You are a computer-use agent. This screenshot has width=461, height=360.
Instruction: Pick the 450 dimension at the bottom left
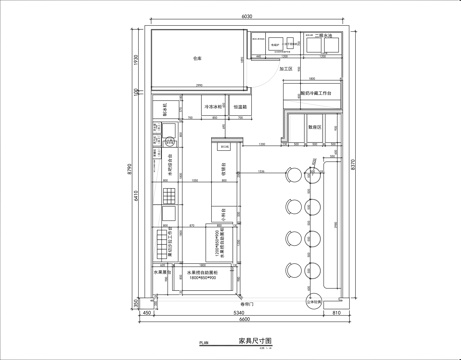[146, 312]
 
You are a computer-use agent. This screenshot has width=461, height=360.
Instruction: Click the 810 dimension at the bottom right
[336, 312]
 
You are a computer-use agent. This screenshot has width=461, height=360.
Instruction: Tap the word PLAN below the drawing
[202, 343]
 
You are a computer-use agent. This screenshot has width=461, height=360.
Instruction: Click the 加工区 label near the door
[288, 69]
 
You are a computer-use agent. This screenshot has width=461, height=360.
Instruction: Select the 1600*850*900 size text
[194, 277]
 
